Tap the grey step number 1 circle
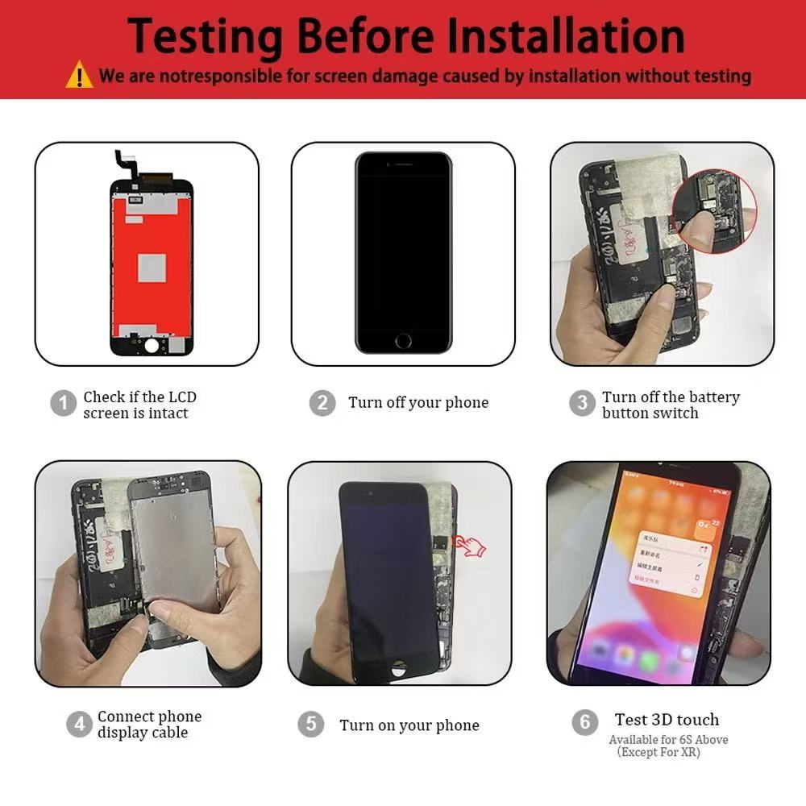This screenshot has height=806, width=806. pos(63,403)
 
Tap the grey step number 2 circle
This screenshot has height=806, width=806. pos(322,402)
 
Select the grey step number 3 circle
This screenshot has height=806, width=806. pos(582,403)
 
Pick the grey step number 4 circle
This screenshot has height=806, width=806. pos(78,724)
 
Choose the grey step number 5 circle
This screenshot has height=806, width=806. pos(310,724)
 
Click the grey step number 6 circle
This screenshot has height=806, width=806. pos(585,721)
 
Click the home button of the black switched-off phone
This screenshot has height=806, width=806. pos(403,340)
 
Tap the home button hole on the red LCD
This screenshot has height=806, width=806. pos(152,344)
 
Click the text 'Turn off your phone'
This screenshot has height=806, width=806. pos(418,402)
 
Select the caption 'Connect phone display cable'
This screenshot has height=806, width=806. pos(149,724)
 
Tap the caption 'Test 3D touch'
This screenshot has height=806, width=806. pos(667,720)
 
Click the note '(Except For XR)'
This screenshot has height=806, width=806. pos(659,752)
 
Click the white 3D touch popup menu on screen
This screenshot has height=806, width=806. pos(668,563)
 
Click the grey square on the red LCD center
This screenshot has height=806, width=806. pos(152,268)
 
